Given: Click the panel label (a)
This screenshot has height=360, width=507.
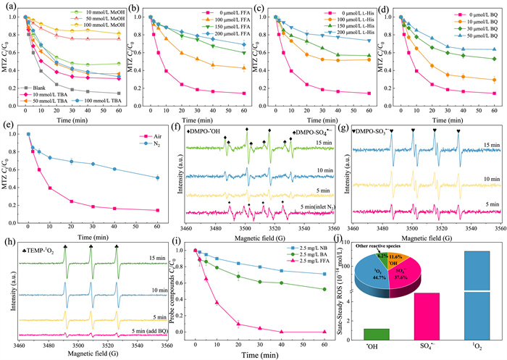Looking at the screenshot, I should (x=8, y=7).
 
